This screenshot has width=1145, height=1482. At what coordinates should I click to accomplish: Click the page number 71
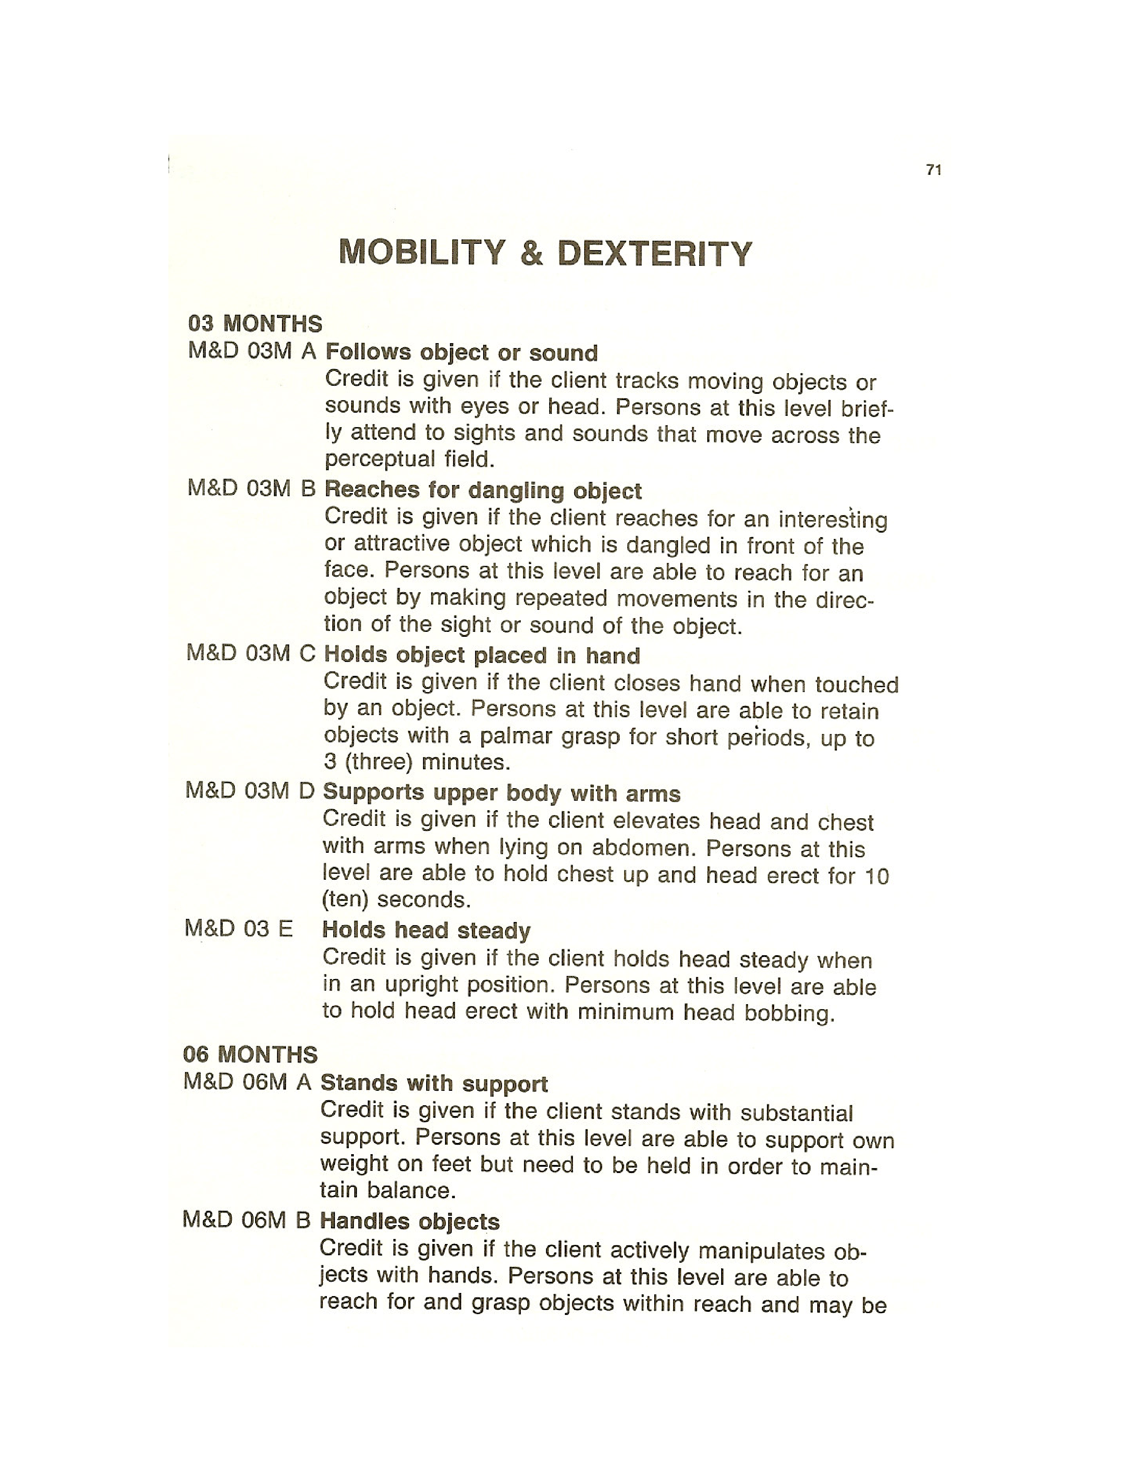pyautogui.click(x=934, y=170)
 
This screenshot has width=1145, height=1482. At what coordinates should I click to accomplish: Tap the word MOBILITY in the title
pyautogui.click(x=422, y=252)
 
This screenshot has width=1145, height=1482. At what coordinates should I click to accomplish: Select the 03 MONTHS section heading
pyautogui.click(x=255, y=324)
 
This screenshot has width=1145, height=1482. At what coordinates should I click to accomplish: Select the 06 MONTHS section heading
pyautogui.click(x=250, y=1054)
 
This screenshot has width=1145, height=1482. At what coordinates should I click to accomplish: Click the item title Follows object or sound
pyautogui.click(x=461, y=353)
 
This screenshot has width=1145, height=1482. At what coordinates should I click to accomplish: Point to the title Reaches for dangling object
pyautogui.click(x=483, y=490)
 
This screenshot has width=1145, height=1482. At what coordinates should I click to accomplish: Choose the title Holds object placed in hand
pyautogui.click(x=482, y=656)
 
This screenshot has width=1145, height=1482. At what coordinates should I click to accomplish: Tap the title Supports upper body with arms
pyautogui.click(x=501, y=793)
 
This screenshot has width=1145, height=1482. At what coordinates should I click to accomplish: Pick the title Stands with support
pyautogui.click(x=433, y=1083)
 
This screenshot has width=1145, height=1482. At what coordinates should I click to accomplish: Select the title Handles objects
pyautogui.click(x=409, y=1222)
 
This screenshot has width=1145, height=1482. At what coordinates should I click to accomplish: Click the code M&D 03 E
pyautogui.click(x=238, y=928)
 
